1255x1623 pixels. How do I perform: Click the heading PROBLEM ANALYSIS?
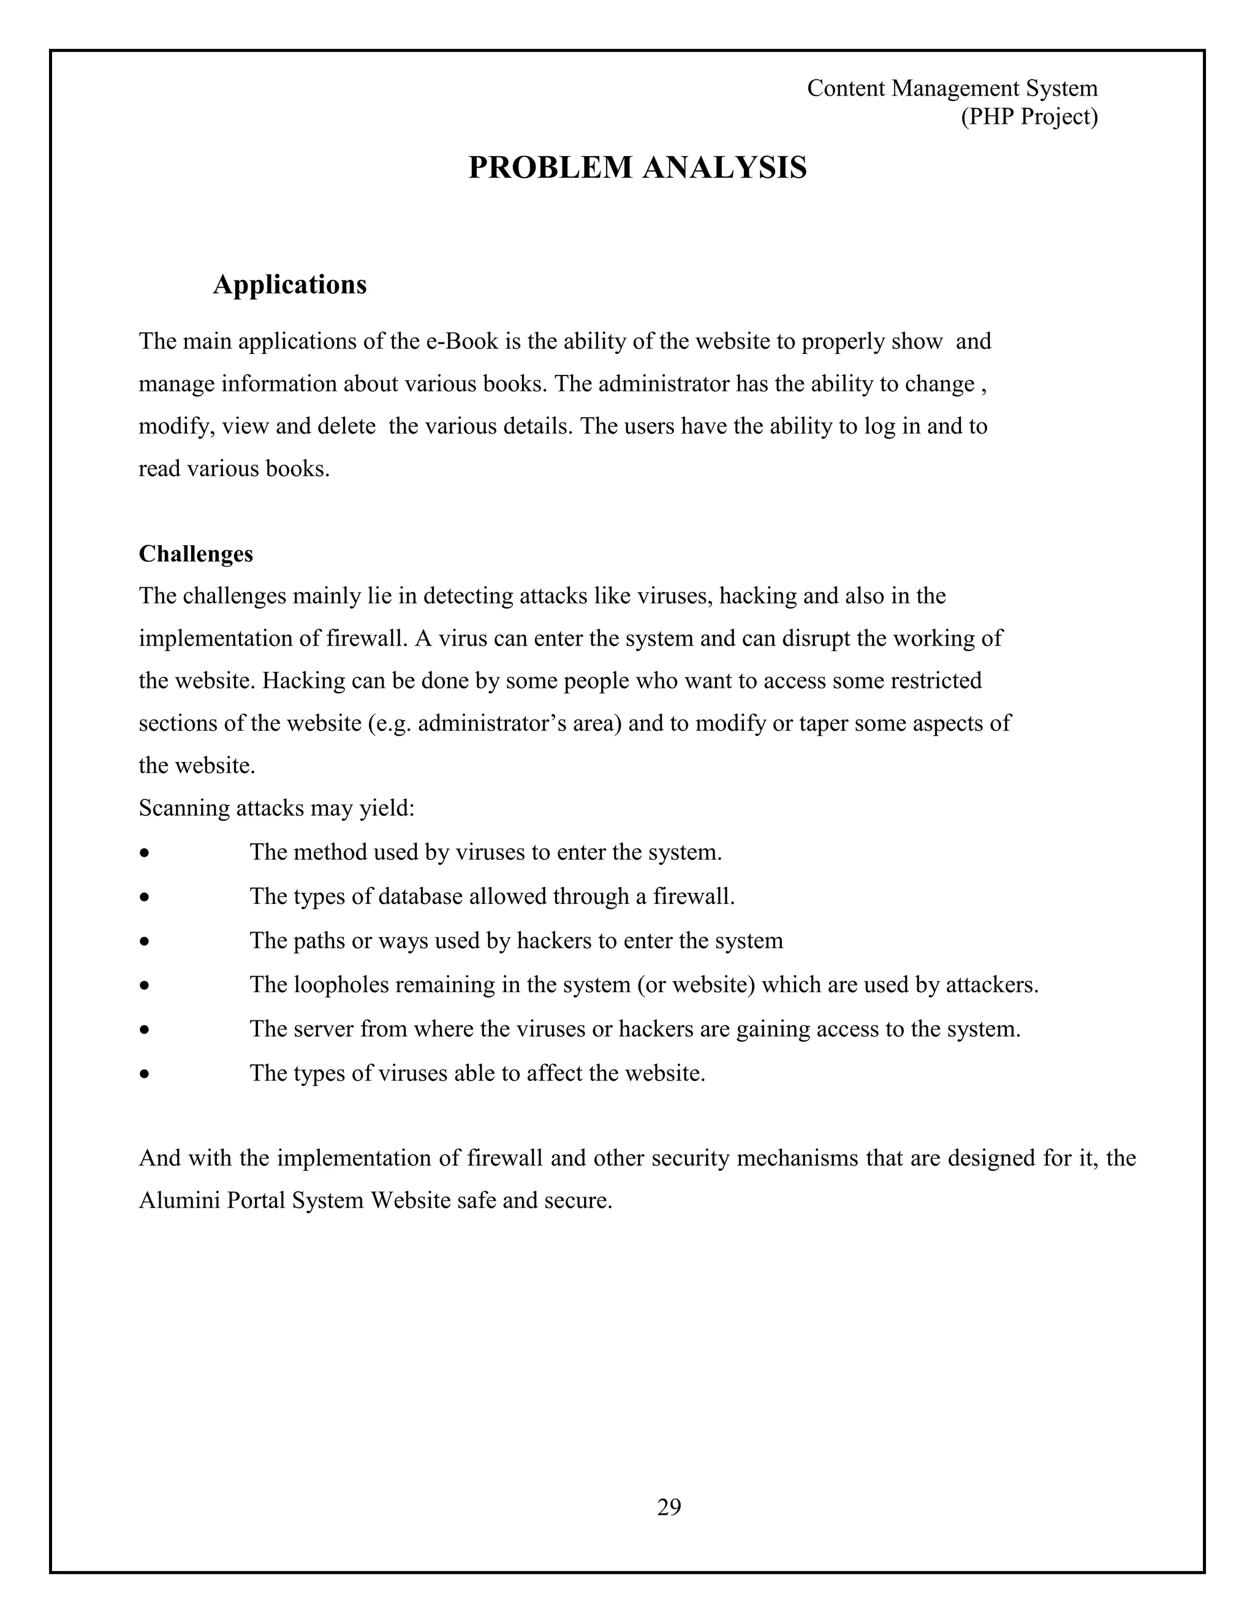[637, 167]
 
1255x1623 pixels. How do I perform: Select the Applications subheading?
[289, 285]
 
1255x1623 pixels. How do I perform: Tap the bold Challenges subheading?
[195, 554]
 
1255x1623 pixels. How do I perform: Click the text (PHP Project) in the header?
[1029, 116]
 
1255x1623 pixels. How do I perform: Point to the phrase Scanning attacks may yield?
[276, 808]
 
